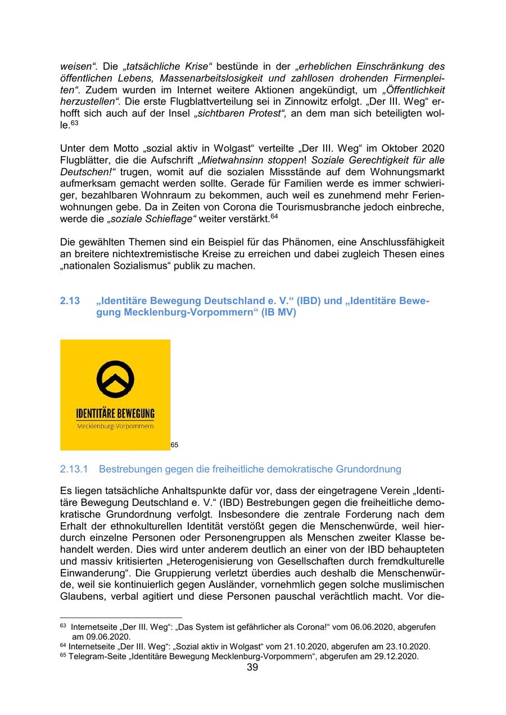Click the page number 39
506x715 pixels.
click(252, 667)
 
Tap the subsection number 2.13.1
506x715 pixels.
click(76, 469)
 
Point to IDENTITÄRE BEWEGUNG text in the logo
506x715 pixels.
click(115, 414)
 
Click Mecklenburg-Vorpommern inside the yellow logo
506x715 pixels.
click(115, 427)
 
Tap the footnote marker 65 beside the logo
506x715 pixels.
click(174, 445)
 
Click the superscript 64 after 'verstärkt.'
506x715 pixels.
click(274, 216)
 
